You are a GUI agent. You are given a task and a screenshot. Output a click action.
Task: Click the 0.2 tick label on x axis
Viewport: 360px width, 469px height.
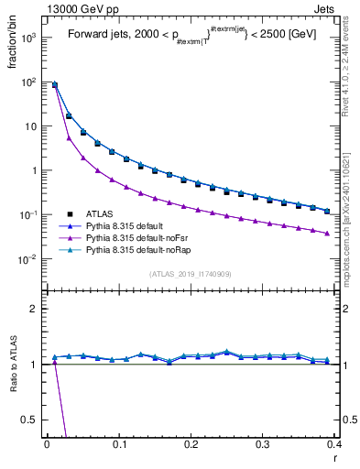click(191, 444)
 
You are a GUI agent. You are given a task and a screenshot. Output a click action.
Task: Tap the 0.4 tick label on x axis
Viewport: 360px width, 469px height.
click(333, 444)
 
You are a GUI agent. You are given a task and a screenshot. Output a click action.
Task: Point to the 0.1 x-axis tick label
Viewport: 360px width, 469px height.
click(118, 444)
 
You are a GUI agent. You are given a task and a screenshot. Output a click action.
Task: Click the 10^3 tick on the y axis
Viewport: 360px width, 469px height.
click(27, 38)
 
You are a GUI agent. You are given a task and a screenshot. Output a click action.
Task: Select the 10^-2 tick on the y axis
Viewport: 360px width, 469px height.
click(27, 259)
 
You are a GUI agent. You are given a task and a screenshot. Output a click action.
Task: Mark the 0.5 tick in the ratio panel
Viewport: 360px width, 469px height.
click(31, 420)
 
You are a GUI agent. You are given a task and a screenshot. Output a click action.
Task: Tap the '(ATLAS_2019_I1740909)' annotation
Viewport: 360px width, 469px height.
click(191, 274)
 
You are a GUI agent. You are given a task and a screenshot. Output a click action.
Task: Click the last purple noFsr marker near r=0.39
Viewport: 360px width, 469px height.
click(327, 234)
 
